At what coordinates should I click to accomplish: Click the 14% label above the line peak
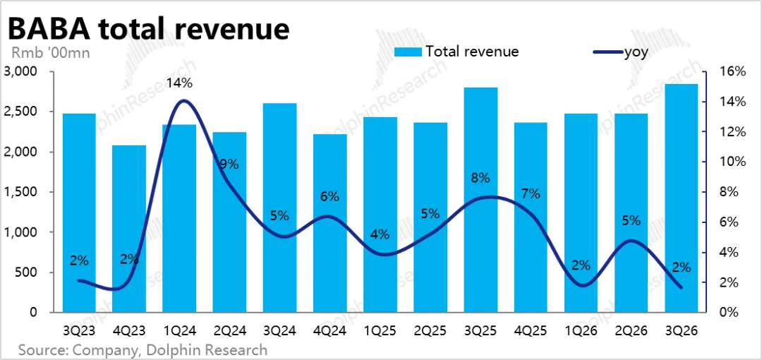pyautogui.click(x=179, y=83)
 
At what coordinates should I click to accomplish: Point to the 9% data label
pyautogui.click(x=229, y=164)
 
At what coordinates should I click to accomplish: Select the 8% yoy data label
pyautogui.click(x=480, y=178)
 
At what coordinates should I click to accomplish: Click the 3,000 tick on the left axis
pyautogui.click(x=25, y=72)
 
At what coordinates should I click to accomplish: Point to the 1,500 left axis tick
pyautogui.click(x=25, y=192)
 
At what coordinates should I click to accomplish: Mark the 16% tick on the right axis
pyautogui.click(x=732, y=72)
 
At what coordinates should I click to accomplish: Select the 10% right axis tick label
pyautogui.click(x=732, y=162)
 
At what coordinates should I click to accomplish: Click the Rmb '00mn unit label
pyautogui.click(x=50, y=52)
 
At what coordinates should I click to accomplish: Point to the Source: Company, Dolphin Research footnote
pyautogui.click(x=143, y=349)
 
